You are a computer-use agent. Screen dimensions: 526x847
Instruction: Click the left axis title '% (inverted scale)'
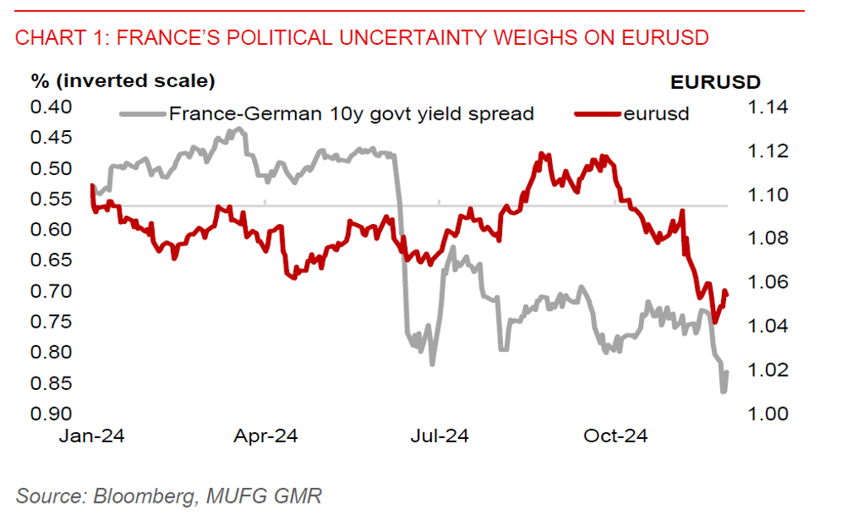[x=123, y=81]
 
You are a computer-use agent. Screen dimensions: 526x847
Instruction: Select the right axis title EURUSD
[x=715, y=81]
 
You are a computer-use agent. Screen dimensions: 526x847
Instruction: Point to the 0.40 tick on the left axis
[x=52, y=106]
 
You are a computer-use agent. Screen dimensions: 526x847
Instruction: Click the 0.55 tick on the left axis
[x=52, y=198]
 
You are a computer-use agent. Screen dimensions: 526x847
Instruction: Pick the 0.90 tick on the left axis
[x=52, y=413]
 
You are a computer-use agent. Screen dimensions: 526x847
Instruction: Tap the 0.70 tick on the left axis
[x=52, y=290]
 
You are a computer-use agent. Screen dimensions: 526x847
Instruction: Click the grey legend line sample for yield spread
[x=143, y=114]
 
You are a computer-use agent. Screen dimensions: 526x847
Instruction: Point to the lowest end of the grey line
[x=723, y=391]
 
